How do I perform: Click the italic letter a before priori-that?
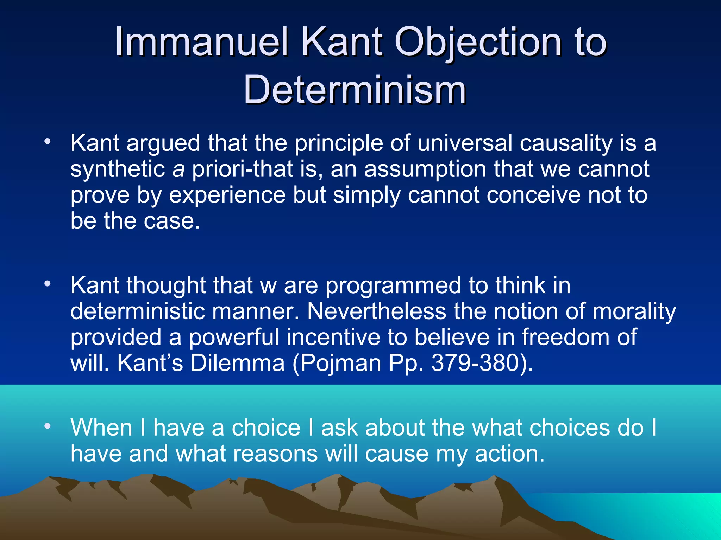tap(178, 169)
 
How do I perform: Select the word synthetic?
tap(118, 169)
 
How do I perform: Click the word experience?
tap(227, 195)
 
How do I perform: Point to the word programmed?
tap(393, 285)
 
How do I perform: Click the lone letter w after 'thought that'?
tap(268, 286)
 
